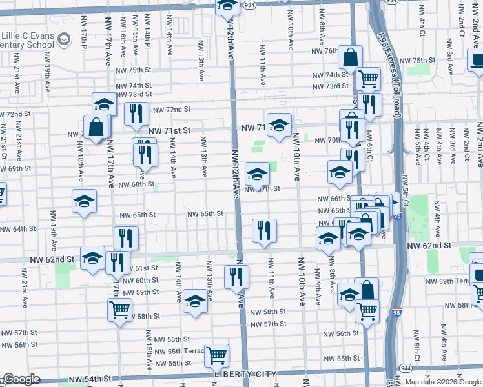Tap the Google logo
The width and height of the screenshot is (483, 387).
pos(21,379)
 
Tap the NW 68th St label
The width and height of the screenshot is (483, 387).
pos(136,184)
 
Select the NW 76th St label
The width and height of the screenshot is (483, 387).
pos(325,51)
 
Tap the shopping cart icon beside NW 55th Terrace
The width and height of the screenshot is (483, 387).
pos(216,355)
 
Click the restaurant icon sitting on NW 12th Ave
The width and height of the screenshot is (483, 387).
pos(236,276)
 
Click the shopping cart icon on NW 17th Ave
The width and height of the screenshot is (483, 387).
pos(119,309)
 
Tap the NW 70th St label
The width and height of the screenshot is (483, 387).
pos(327,141)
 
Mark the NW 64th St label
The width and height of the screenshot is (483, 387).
pos(17,229)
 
